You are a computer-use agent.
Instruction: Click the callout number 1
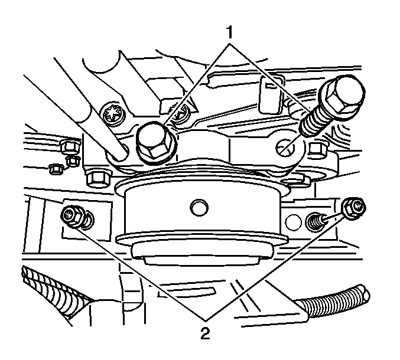pos(230,32)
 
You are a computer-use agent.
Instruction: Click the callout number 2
pos(205,333)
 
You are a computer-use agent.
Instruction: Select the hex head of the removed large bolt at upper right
pos(344,95)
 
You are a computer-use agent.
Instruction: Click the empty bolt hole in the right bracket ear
pos(285,148)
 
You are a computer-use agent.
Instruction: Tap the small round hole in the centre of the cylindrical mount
pos(199,208)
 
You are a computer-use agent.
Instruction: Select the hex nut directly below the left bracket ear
pos(99,178)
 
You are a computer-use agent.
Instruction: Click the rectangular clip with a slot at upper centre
pos(271,94)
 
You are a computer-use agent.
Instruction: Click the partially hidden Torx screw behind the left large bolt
pos(180,115)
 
